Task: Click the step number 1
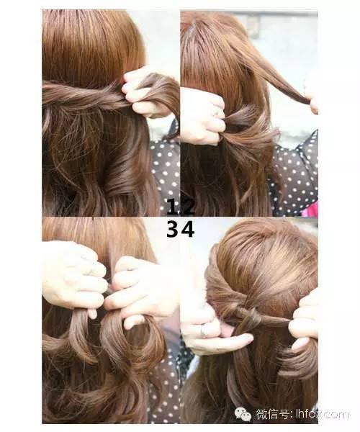point(172,207)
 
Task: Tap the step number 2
point(187,207)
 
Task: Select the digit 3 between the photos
point(173,230)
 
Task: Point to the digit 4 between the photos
point(188,230)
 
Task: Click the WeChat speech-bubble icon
point(243,414)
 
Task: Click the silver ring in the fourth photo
point(203,330)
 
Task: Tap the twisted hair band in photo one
point(86,95)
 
